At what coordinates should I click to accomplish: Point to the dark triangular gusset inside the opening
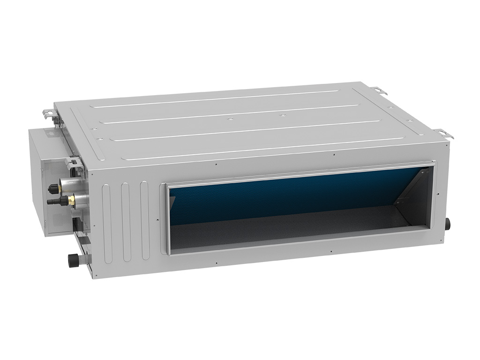click(x=412, y=187)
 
